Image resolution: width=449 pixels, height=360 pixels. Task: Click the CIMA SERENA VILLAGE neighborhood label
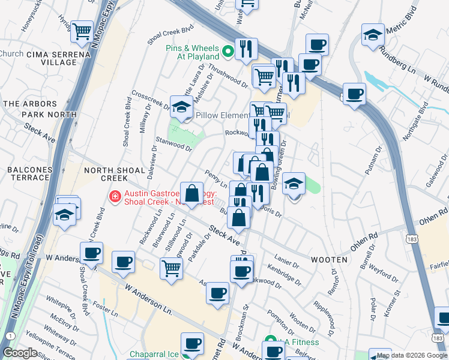point(58,58)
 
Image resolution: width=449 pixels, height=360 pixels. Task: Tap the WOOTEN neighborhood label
point(329,260)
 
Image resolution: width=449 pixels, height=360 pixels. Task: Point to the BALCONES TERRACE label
point(29,174)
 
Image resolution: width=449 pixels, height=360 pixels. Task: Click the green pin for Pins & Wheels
point(228,52)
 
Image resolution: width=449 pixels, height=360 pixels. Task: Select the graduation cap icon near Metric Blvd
point(373,34)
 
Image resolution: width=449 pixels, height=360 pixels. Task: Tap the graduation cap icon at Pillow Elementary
point(181,106)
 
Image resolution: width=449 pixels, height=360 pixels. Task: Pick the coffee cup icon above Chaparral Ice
point(193,344)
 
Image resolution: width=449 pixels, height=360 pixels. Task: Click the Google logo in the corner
point(20,353)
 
